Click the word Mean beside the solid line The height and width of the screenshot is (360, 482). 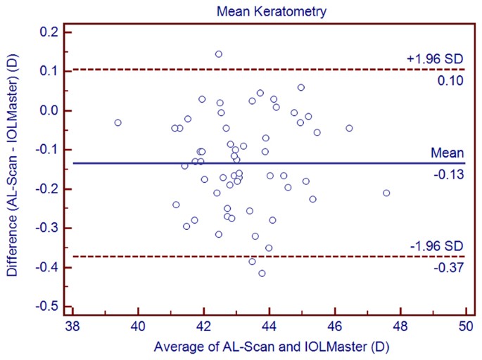[448, 153]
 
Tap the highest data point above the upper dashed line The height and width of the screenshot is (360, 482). [219, 54]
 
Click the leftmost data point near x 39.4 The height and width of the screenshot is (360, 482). [118, 122]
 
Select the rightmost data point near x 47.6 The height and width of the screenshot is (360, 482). [386, 193]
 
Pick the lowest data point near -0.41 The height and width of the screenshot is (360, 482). [262, 273]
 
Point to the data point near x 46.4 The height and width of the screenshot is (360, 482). [349, 128]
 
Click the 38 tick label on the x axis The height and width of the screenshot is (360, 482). [72, 327]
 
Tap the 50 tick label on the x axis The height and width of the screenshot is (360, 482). [466, 327]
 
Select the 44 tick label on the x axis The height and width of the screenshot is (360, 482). [269, 327]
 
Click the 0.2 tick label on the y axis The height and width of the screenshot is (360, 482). [49, 32]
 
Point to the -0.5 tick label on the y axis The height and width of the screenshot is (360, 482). [47, 307]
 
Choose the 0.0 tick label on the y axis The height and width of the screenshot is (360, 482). [49, 110]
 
